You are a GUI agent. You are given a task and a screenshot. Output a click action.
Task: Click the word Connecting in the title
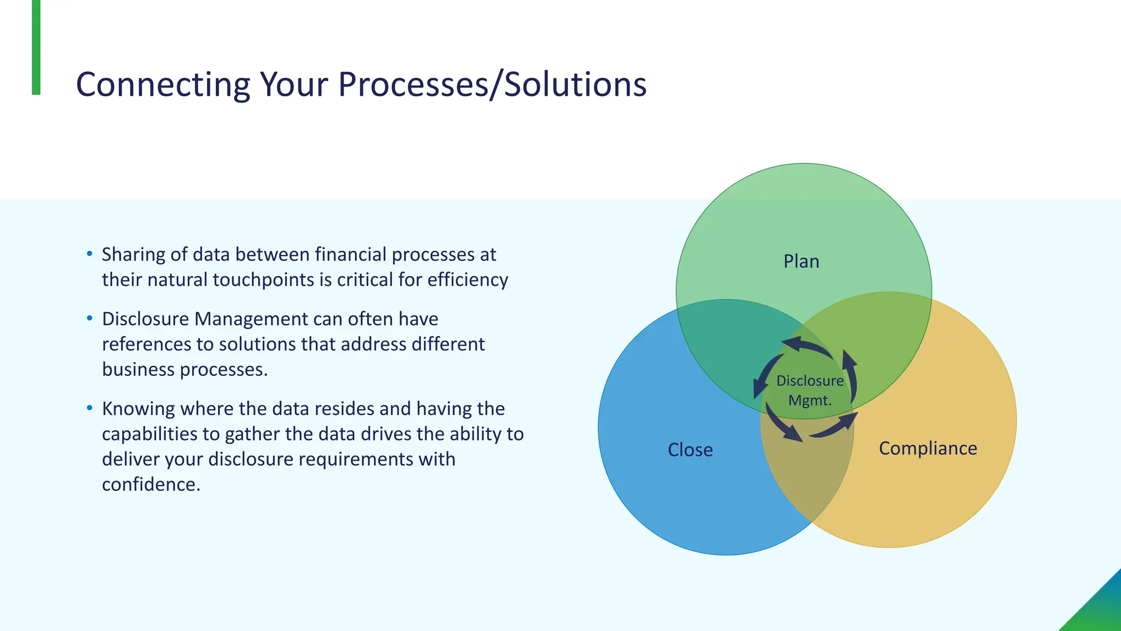pos(163,85)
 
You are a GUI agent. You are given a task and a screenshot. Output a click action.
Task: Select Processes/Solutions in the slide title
pos(492,85)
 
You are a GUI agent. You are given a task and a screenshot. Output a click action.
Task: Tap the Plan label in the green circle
pos(801,261)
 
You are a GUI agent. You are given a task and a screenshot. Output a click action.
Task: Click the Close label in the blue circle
pos(690,450)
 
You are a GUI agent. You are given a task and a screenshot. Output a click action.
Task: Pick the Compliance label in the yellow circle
pos(928,448)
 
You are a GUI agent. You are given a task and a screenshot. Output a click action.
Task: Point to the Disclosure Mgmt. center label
pos(810,390)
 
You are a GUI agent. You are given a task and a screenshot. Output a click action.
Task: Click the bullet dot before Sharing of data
pos(90,254)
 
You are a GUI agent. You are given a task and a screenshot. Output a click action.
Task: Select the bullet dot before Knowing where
pos(90,409)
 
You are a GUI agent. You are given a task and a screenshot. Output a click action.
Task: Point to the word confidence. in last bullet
pos(151,484)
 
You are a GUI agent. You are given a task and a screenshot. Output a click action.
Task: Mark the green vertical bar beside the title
pos(36,47)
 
